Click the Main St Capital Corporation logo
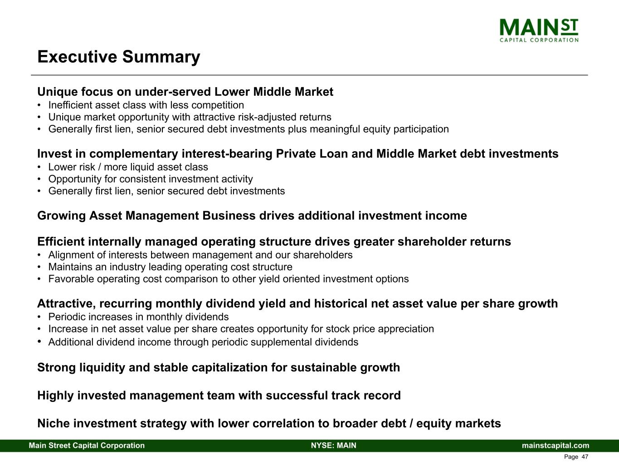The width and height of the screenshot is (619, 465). coord(539,30)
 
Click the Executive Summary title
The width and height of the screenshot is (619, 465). coord(119,57)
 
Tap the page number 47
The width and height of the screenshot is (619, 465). coord(585,456)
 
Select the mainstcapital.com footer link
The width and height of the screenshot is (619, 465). coord(556,445)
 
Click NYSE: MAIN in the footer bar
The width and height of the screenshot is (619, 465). coord(334,445)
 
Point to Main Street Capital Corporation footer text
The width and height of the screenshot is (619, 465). coord(87,445)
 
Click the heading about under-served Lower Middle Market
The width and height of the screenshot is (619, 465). coord(185,92)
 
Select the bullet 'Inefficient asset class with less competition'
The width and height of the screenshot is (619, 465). coord(146,105)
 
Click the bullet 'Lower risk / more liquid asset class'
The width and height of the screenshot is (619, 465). coord(128,167)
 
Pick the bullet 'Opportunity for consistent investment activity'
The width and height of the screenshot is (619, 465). coord(151,179)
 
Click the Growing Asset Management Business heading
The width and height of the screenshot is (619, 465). coord(252,216)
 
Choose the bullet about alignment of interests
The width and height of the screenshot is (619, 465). coord(200,255)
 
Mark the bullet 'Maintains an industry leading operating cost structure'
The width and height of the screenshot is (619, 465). coord(171,267)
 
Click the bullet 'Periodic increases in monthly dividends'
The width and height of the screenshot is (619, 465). coord(138,317)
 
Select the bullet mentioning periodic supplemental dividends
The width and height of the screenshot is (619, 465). coord(203,342)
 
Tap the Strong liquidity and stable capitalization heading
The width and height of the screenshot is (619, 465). coord(219,368)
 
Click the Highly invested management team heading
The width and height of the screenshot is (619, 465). coord(219,396)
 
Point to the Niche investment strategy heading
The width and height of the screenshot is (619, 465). coord(269,424)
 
